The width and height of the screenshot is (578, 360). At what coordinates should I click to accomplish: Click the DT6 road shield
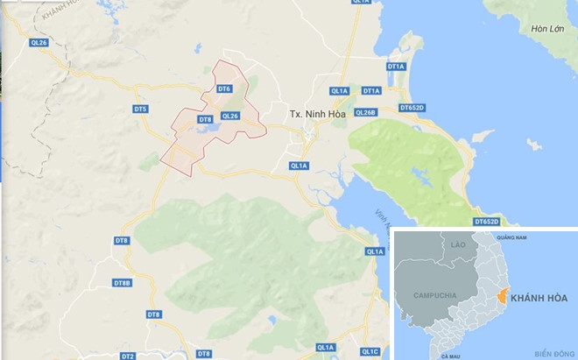pyautogui.click(x=223, y=89)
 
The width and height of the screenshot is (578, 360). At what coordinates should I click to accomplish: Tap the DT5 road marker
pyautogui.click(x=141, y=109)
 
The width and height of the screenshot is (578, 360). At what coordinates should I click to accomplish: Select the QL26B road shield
pyautogui.click(x=365, y=113)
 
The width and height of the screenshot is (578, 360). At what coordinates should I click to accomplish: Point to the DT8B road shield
pyautogui.click(x=122, y=283)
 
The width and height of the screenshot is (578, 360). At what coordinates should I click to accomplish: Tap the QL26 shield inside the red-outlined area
pyautogui.click(x=230, y=116)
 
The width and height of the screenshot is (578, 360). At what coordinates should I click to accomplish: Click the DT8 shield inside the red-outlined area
pyautogui.click(x=205, y=119)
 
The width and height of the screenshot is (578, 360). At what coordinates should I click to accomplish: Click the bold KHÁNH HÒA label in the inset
pyautogui.click(x=539, y=299)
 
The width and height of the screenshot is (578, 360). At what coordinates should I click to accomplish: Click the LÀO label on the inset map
pyautogui.click(x=456, y=245)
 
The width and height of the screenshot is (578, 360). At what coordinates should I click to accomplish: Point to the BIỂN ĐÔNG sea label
pyautogui.click(x=553, y=353)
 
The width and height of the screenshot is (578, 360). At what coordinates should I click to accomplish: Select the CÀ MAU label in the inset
pyautogui.click(x=451, y=356)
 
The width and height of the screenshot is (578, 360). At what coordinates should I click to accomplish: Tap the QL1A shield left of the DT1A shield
pyautogui.click(x=340, y=91)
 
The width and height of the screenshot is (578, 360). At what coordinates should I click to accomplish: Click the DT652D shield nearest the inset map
pyautogui.click(x=487, y=222)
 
